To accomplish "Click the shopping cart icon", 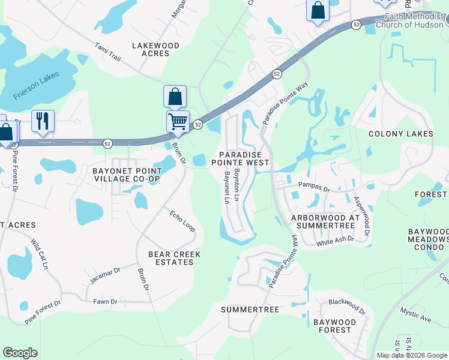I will coord(178,121).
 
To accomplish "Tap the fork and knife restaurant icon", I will coord(43,121).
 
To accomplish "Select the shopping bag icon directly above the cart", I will coord(175,96).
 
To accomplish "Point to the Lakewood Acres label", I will coord(155,49).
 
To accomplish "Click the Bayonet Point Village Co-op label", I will coord(126,175).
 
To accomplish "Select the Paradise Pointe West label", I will coord(244,158).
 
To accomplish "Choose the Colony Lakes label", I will coord(400,134).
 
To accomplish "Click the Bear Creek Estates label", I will coord(174,258).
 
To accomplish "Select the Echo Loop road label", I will coord(182,221).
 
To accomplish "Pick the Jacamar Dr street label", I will coord(105,275).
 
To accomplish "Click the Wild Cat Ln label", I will coord(39,254).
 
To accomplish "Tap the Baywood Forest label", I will coord(335,326).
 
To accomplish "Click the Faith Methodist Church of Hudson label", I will coord(408,21).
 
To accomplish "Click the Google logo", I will coord(20,353).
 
